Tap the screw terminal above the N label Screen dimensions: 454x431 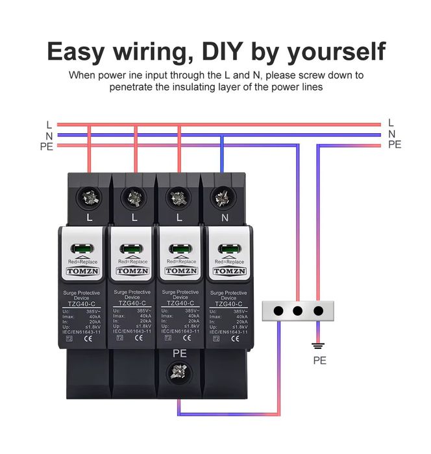click(x=225, y=195)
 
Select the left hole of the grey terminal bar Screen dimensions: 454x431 click(x=278, y=310)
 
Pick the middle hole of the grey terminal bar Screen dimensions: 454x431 click(x=298, y=310)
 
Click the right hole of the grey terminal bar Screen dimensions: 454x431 click(x=318, y=310)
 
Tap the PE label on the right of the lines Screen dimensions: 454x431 click(x=394, y=144)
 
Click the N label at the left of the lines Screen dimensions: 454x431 click(x=49, y=135)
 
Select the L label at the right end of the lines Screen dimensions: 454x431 click(x=391, y=122)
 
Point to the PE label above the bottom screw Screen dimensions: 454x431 click(x=180, y=353)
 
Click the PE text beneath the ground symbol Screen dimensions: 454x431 click(x=319, y=360)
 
